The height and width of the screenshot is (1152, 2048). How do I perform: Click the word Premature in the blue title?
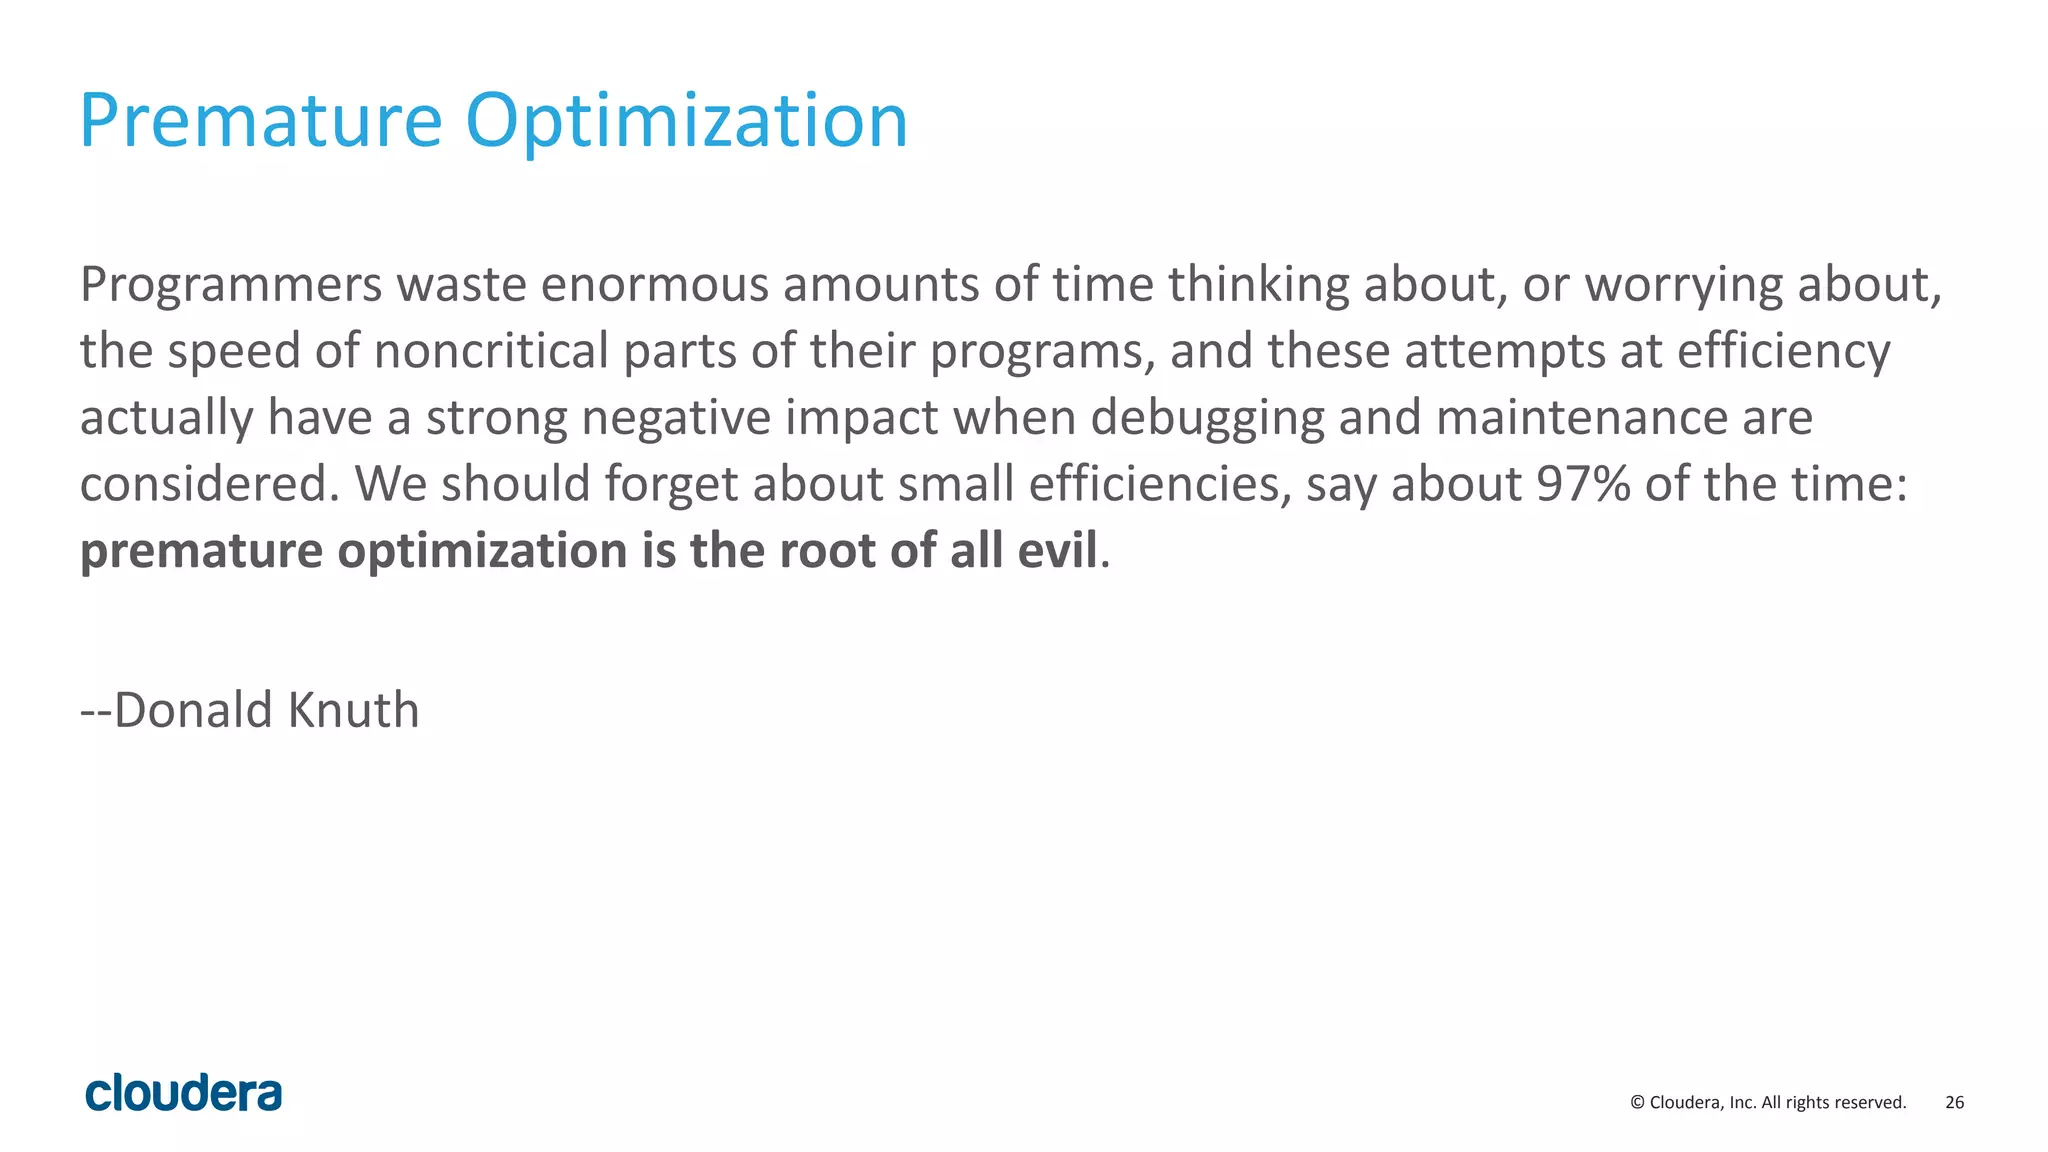pyautogui.click(x=260, y=120)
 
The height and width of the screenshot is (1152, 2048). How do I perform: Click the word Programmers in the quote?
pyautogui.click(x=231, y=285)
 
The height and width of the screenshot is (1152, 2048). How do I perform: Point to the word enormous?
pyautogui.click(x=654, y=285)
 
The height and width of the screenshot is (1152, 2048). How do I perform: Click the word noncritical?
pyautogui.click(x=491, y=351)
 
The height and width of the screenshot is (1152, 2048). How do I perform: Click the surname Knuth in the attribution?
pyautogui.click(x=353, y=710)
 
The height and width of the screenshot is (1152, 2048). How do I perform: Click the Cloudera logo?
pyautogui.click(x=184, y=1093)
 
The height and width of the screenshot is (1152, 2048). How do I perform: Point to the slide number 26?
pyautogui.click(x=1954, y=1102)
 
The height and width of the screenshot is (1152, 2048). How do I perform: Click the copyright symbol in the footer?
pyautogui.click(x=1637, y=1103)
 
